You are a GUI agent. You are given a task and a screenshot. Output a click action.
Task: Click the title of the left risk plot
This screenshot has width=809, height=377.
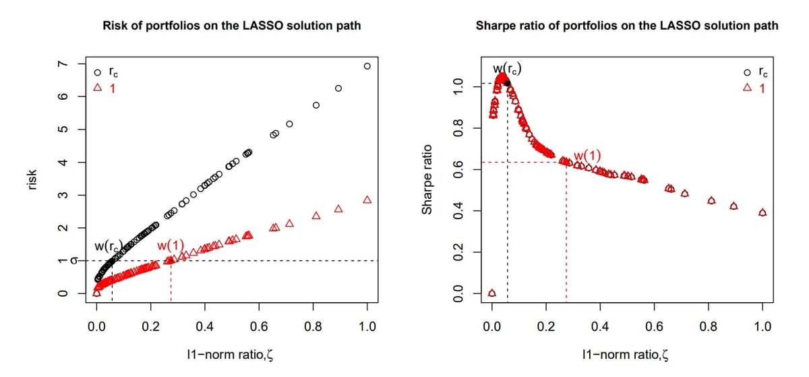pyautogui.click(x=231, y=26)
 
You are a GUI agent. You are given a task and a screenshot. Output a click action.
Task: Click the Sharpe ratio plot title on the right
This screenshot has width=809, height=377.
pyautogui.click(x=626, y=26)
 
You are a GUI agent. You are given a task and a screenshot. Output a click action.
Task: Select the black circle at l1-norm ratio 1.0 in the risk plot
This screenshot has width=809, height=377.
pyautogui.click(x=367, y=66)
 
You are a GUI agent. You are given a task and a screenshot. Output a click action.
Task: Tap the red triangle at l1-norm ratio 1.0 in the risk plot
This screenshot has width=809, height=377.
pyautogui.click(x=367, y=200)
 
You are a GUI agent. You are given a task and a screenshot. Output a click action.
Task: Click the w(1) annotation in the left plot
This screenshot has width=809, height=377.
pyautogui.click(x=170, y=245)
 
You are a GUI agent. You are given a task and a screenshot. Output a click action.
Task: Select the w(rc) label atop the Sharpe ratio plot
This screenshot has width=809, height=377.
pyautogui.click(x=506, y=68)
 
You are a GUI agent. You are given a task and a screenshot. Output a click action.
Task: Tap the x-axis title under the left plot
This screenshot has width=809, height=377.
pyautogui.click(x=231, y=355)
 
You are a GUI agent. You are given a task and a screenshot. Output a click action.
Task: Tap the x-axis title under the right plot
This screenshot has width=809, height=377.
pyautogui.click(x=626, y=355)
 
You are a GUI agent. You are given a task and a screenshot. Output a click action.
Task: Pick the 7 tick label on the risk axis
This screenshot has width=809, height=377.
pyautogui.click(x=62, y=64)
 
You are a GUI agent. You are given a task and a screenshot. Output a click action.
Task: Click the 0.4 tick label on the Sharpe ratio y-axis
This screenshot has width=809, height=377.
pyautogui.click(x=458, y=211)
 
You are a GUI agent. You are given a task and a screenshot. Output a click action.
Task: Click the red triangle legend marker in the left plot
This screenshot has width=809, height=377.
pyautogui.click(x=98, y=88)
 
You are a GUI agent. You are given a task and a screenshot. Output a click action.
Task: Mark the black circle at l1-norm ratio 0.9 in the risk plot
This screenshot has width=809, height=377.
pyautogui.click(x=338, y=88)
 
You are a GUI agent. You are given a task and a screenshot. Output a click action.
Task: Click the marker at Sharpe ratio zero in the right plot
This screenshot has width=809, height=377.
pyautogui.click(x=491, y=293)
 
